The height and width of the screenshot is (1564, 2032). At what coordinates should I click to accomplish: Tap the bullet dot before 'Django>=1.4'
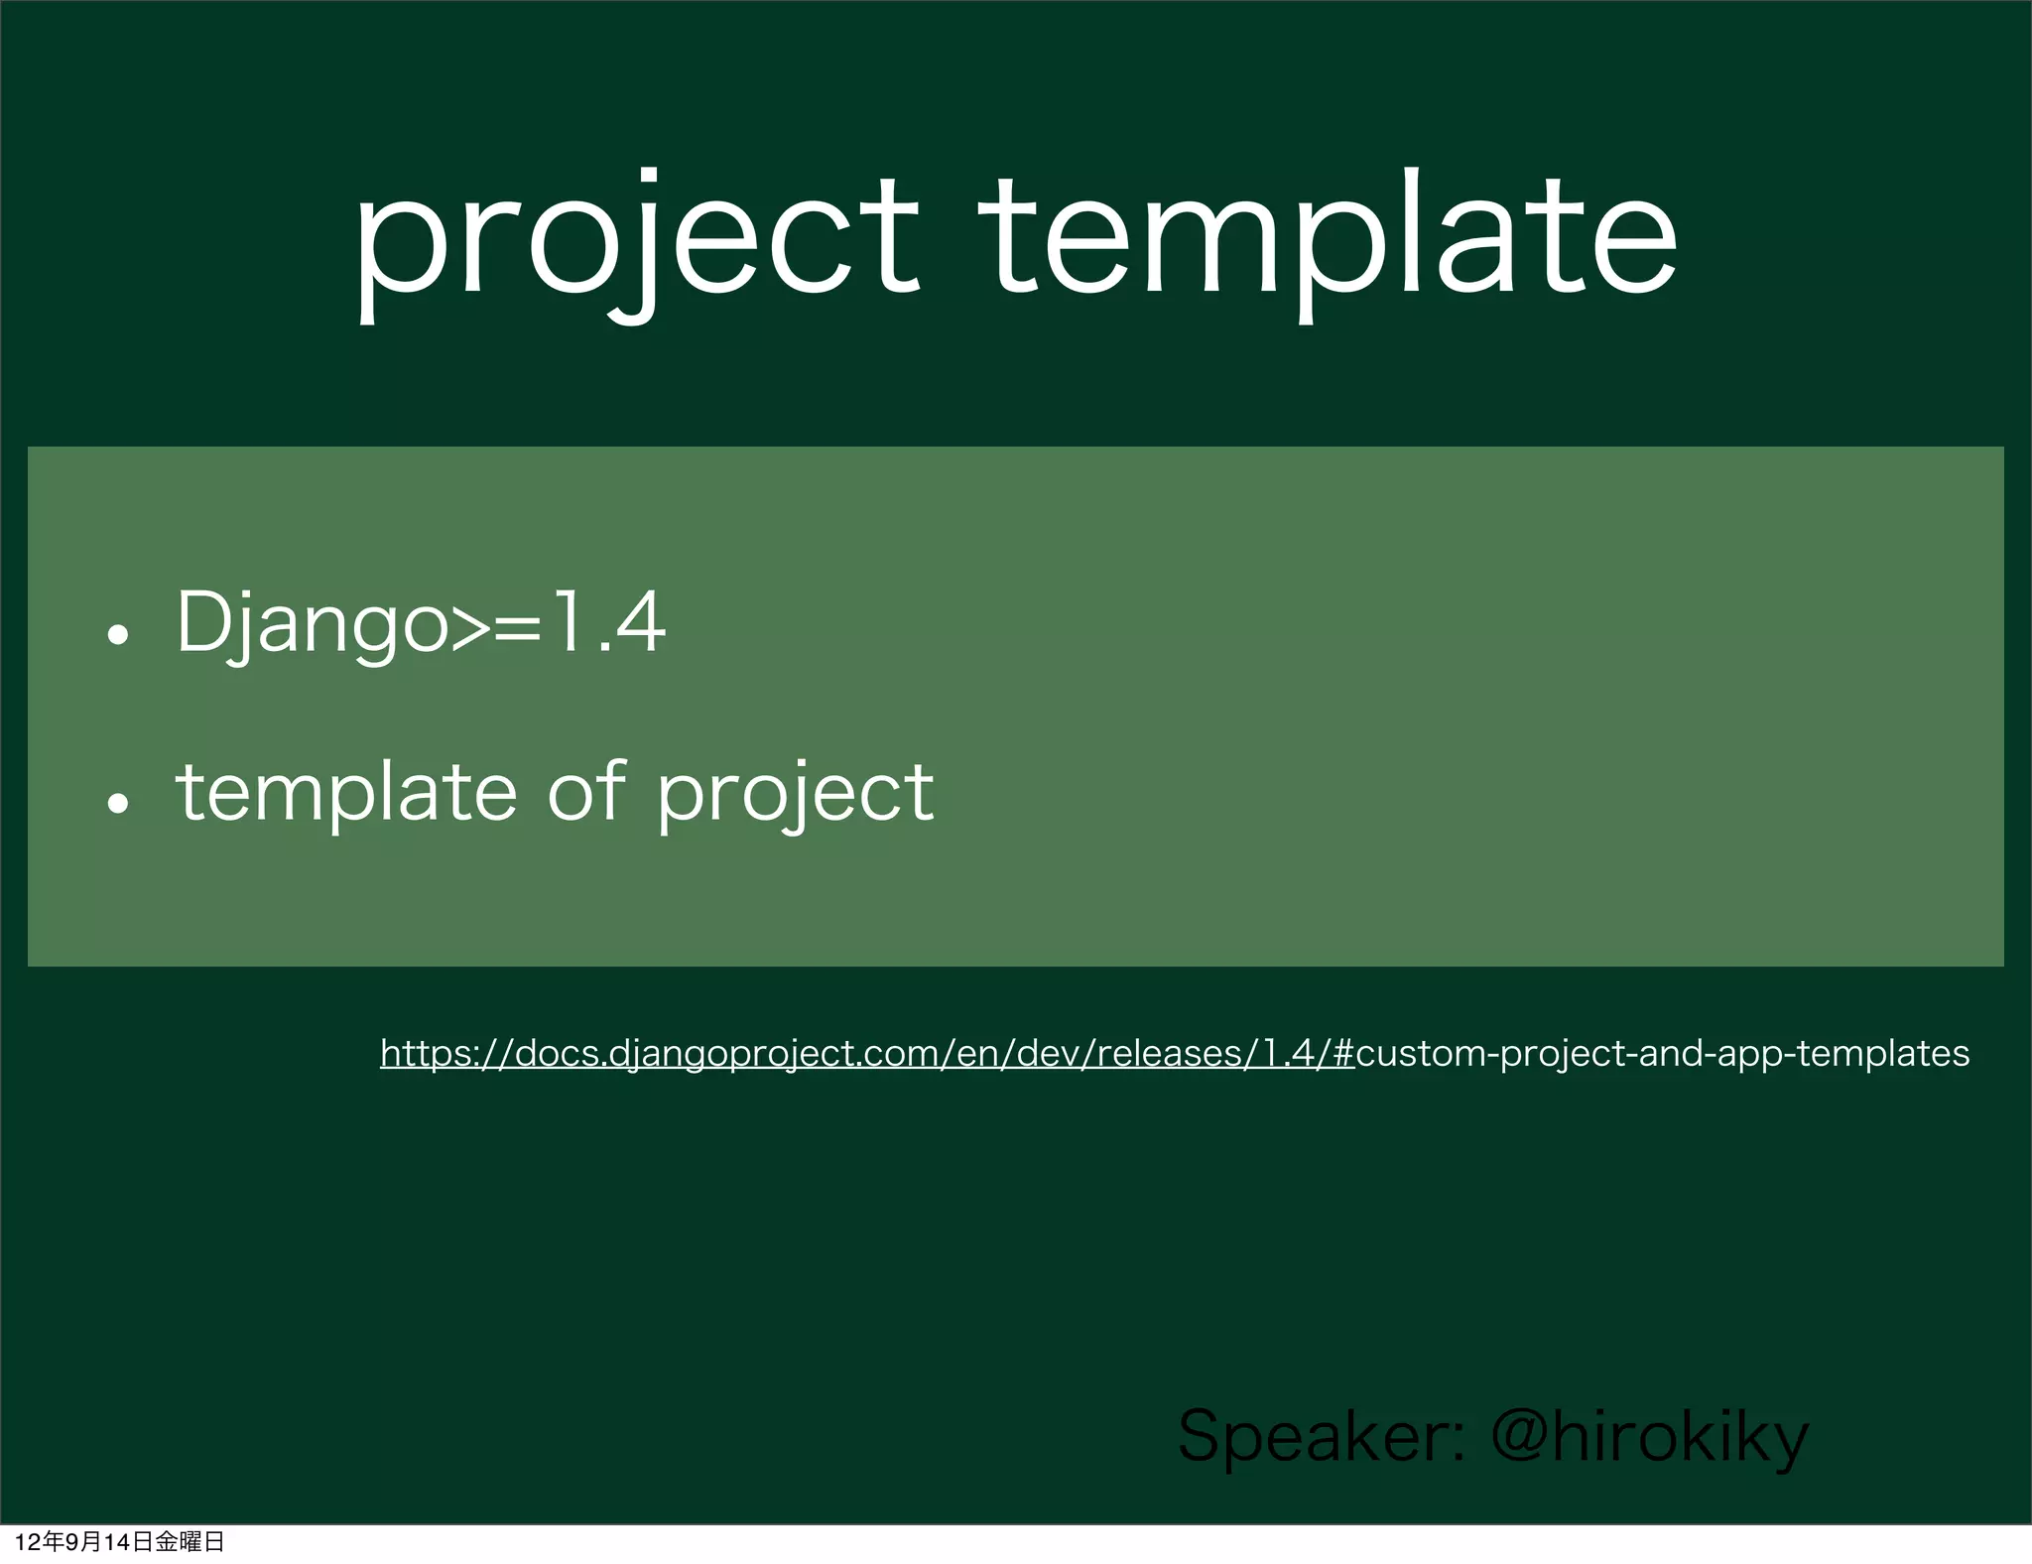[x=118, y=634]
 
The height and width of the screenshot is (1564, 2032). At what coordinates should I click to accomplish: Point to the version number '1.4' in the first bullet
[x=608, y=623]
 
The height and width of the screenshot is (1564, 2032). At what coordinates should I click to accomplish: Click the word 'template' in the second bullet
[x=345, y=793]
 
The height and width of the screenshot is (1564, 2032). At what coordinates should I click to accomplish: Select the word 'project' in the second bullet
[x=795, y=795]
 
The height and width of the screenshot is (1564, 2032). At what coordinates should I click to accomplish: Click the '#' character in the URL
[x=1343, y=1053]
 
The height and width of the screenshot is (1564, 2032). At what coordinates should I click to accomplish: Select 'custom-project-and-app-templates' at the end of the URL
[x=1662, y=1053]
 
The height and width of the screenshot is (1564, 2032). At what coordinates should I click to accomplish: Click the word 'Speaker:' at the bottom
[x=1321, y=1437]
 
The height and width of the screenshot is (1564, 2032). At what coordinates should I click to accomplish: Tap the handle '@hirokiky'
[x=1650, y=1437]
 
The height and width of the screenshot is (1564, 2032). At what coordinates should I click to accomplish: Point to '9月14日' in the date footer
[x=108, y=1542]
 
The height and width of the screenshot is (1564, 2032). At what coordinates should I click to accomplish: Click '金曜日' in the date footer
[x=190, y=1542]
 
